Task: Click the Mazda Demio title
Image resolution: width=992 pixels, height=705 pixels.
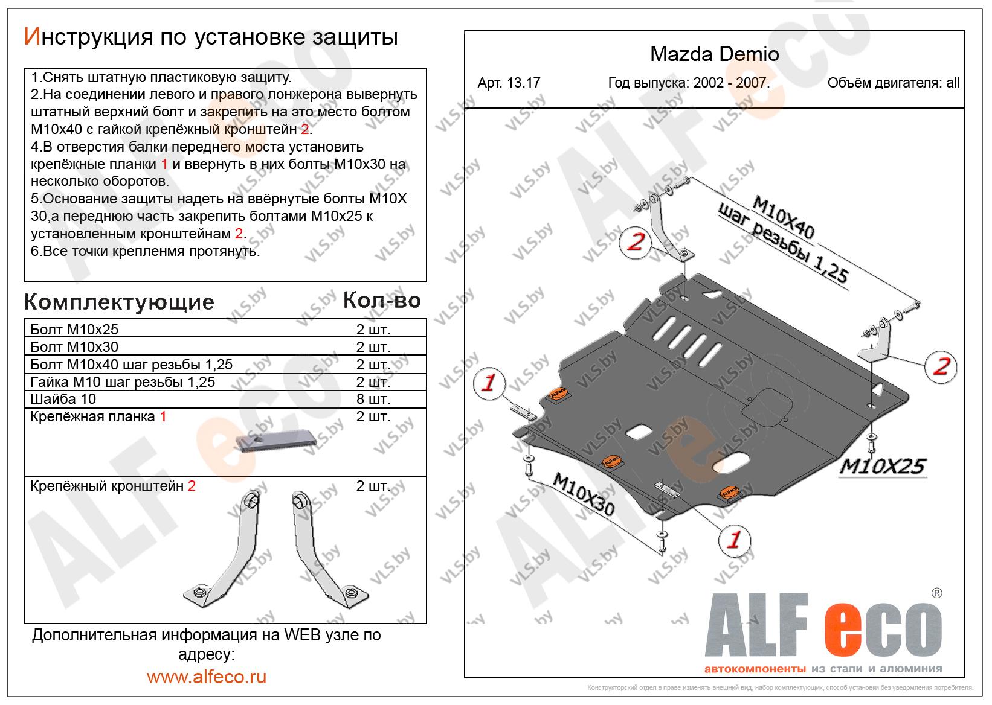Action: [714, 54]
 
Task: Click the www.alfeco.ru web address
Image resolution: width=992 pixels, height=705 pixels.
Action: [206, 677]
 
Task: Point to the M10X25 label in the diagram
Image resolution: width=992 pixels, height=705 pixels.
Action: [881, 467]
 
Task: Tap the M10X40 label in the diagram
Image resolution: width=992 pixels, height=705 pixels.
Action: [783, 219]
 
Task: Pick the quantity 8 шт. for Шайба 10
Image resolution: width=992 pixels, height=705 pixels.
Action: [373, 399]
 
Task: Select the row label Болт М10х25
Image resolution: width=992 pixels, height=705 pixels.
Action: [74, 330]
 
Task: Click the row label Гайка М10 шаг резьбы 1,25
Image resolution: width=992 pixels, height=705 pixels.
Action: [123, 382]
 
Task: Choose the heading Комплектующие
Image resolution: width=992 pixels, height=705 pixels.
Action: [119, 302]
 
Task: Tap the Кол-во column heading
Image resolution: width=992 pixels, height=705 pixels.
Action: [381, 300]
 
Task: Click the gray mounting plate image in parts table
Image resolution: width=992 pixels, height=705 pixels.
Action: [275, 442]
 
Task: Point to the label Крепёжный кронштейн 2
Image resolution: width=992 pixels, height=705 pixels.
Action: [113, 486]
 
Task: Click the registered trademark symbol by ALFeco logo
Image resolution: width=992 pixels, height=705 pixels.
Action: [936, 593]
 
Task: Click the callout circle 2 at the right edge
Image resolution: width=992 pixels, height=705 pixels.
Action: [941, 365]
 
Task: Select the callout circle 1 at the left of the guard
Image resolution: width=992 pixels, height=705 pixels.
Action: [489, 383]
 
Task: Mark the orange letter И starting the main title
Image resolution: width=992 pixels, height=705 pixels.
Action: [31, 37]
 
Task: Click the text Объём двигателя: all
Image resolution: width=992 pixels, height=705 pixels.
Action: [893, 83]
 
